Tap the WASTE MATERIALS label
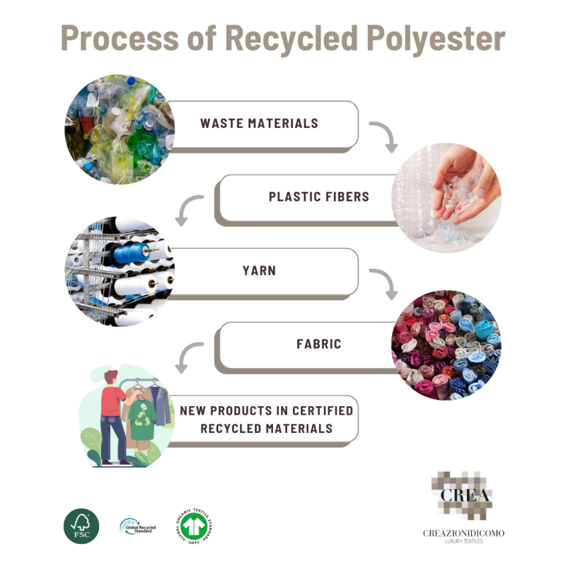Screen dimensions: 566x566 pyautogui.click(x=259, y=123)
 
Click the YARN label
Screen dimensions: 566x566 pyautogui.click(x=259, y=270)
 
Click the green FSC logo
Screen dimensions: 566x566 pyautogui.click(x=79, y=526)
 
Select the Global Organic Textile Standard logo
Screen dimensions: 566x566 pyautogui.click(x=192, y=526)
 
